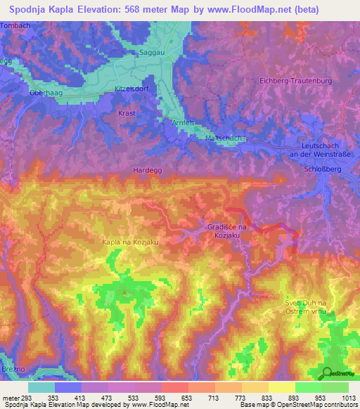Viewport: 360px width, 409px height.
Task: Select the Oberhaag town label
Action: (x=46, y=92)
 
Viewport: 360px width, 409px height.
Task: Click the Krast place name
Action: (x=127, y=112)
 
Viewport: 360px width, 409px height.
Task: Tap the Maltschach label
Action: (x=224, y=138)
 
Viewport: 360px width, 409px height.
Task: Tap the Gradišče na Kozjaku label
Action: (x=226, y=232)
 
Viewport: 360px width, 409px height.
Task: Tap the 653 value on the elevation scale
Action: (x=187, y=397)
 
